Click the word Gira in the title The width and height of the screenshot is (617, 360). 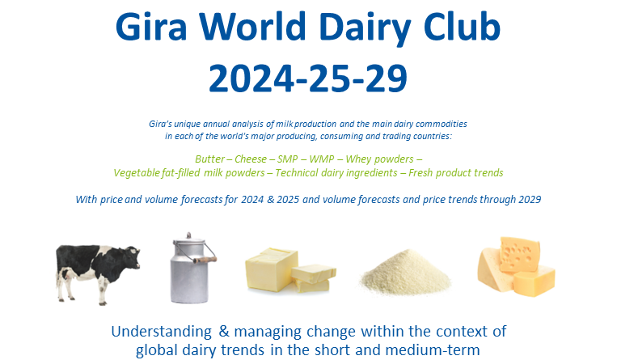click(x=150, y=27)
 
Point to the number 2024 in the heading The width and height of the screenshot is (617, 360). click(x=251, y=78)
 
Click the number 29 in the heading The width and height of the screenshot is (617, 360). click(x=386, y=78)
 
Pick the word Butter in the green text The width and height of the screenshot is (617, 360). click(x=209, y=159)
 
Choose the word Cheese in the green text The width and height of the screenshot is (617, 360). click(x=251, y=159)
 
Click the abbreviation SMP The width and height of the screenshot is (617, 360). click(x=288, y=159)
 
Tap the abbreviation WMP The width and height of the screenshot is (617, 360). click(x=322, y=159)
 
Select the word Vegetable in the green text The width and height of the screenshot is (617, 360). click(x=137, y=173)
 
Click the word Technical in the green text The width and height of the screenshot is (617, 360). click(x=297, y=173)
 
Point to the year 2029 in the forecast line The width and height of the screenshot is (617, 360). click(x=530, y=199)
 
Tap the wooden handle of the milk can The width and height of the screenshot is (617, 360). click(x=205, y=260)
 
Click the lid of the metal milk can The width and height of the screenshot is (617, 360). click(x=189, y=239)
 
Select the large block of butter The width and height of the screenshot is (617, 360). click(x=271, y=269)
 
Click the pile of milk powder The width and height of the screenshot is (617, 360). click(x=405, y=273)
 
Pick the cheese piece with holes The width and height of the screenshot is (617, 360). click(x=519, y=254)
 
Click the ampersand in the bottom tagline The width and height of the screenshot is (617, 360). click(x=224, y=331)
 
